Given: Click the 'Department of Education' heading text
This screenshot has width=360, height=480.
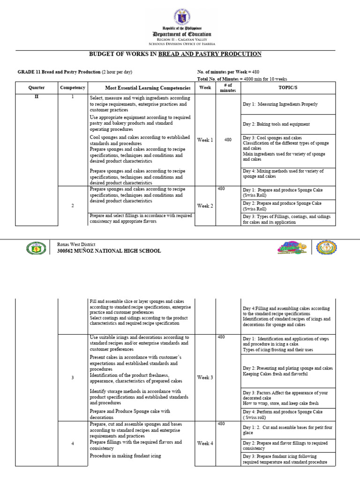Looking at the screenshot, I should (181, 34).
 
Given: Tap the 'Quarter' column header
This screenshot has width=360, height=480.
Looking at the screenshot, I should (37, 88).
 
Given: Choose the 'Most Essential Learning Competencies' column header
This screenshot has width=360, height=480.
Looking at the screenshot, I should (141, 88).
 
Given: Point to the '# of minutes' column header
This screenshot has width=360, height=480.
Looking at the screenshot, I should (228, 88).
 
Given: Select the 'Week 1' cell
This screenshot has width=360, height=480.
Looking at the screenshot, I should (205, 140).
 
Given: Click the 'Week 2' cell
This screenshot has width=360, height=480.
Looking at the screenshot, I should (205, 206).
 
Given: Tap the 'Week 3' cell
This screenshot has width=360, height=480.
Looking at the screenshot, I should (205, 377).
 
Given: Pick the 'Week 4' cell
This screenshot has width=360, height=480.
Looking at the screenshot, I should (205, 443).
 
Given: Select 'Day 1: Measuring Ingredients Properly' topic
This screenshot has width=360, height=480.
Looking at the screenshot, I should (280, 104).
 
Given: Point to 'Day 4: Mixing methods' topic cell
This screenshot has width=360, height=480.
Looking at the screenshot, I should (283, 174).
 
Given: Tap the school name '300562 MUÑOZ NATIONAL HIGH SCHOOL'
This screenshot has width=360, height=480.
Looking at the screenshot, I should (108, 251).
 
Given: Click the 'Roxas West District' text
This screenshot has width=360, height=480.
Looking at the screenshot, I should (76, 244).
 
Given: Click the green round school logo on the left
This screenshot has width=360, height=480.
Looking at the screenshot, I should (37, 248).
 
